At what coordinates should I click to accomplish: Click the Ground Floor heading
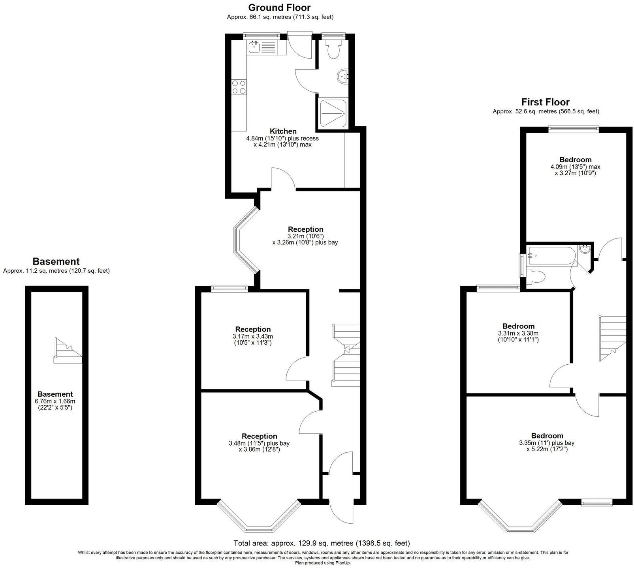coord(279,7)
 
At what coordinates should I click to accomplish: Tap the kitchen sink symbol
coord(254,48)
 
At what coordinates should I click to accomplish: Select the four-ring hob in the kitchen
coord(239,87)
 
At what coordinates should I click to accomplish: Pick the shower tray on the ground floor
coord(333,113)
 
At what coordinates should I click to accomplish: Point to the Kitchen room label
coord(283,131)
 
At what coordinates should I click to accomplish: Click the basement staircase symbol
coord(68,351)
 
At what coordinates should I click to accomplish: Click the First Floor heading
coord(545,102)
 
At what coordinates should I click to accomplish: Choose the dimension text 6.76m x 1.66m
coord(55,401)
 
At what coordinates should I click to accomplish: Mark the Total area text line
coord(322,543)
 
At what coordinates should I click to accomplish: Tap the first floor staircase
coord(612,337)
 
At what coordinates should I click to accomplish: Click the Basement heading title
coord(56,261)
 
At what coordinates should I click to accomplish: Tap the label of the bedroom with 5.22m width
coord(547,436)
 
